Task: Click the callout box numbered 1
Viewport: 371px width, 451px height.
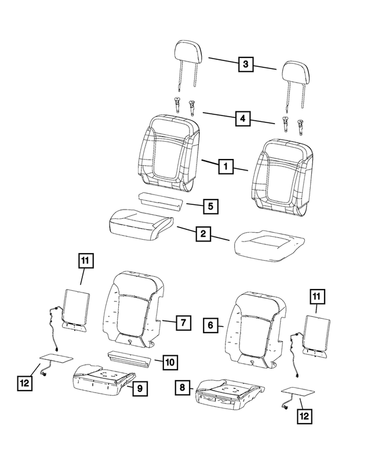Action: click(x=226, y=167)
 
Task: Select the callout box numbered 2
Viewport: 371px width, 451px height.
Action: click(x=203, y=234)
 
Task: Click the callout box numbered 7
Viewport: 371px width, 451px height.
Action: click(x=182, y=322)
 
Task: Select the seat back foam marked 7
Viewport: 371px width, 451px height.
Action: click(x=134, y=308)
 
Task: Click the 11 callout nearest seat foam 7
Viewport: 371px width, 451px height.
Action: click(x=85, y=262)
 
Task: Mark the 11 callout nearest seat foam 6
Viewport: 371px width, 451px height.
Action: click(x=317, y=297)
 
